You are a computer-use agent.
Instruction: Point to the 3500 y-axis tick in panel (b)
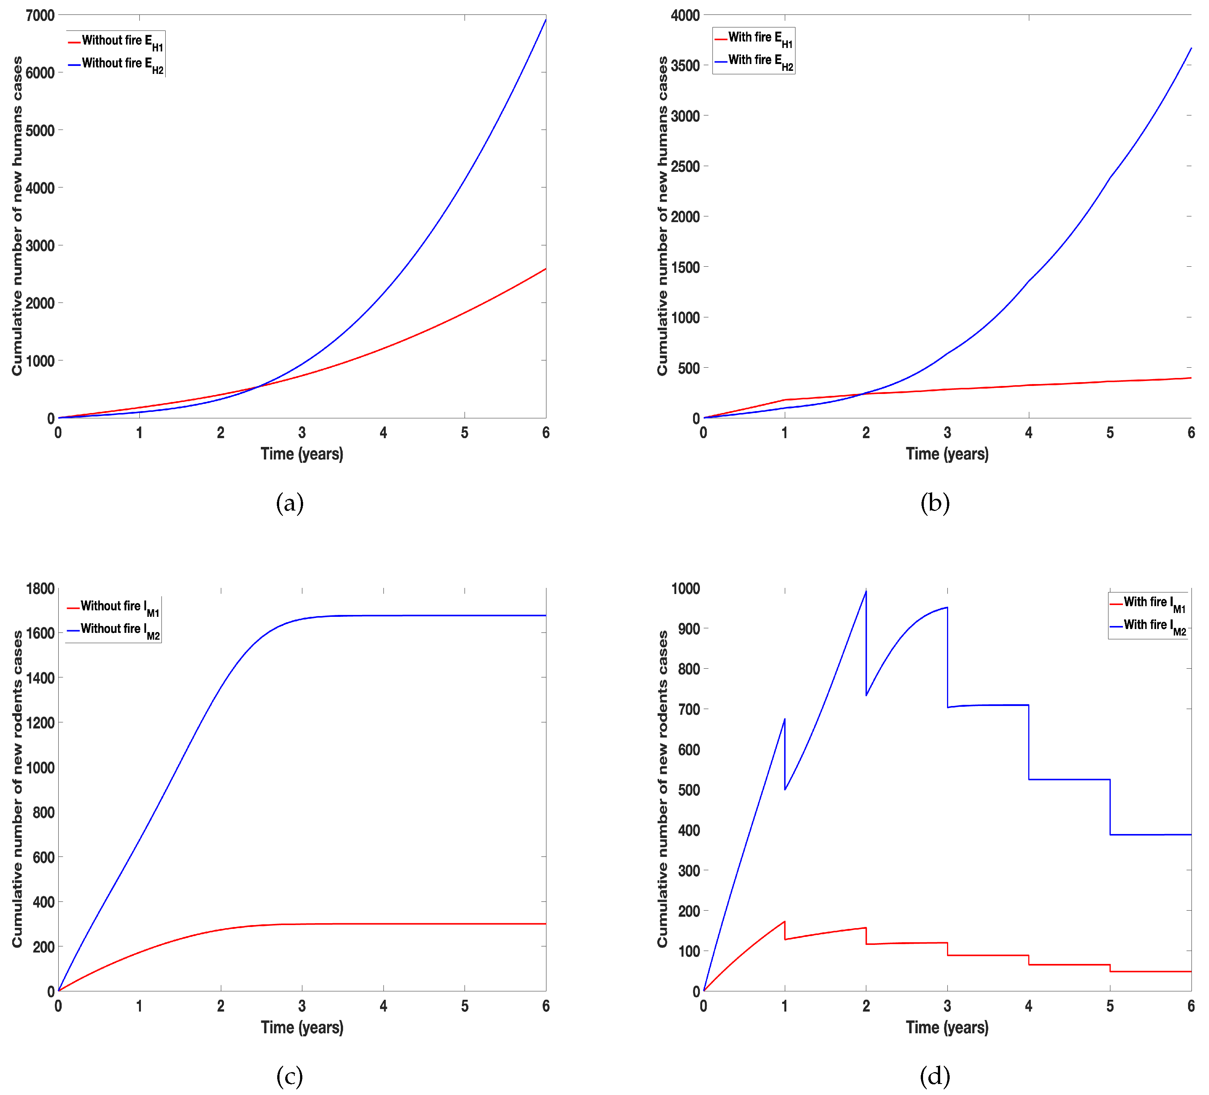pos(685,66)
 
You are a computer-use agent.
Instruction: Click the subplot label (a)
pos(290,503)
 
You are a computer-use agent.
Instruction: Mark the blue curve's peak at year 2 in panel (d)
pos(866,592)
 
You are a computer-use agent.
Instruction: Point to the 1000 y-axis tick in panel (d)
pos(685,589)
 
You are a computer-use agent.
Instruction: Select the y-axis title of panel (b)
pos(662,216)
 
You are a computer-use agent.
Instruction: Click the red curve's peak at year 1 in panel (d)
pos(784,922)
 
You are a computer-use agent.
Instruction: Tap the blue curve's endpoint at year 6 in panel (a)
pos(545,20)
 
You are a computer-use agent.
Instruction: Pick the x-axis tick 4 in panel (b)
pos(1029,432)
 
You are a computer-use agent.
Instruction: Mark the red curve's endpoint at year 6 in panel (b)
pos(1190,378)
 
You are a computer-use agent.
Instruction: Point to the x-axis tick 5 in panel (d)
pos(1110,1006)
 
